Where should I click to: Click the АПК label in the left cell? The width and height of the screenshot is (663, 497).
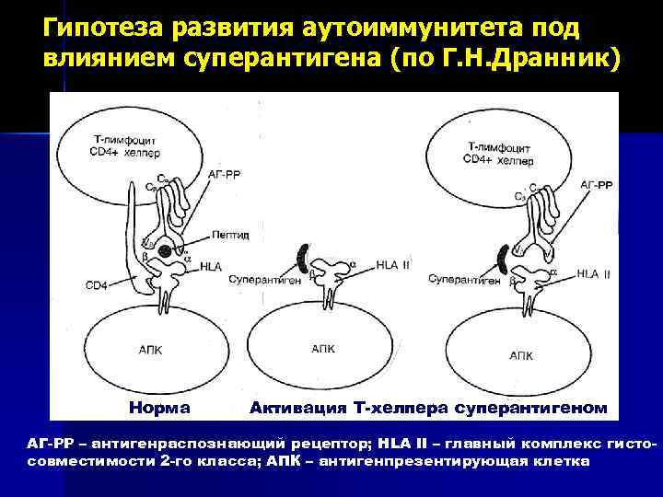tap(149, 351)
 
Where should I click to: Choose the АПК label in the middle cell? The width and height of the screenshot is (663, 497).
tap(323, 349)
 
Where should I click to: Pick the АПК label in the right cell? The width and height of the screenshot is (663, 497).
tap(522, 353)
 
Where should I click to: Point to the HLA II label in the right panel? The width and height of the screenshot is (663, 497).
tap(594, 273)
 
